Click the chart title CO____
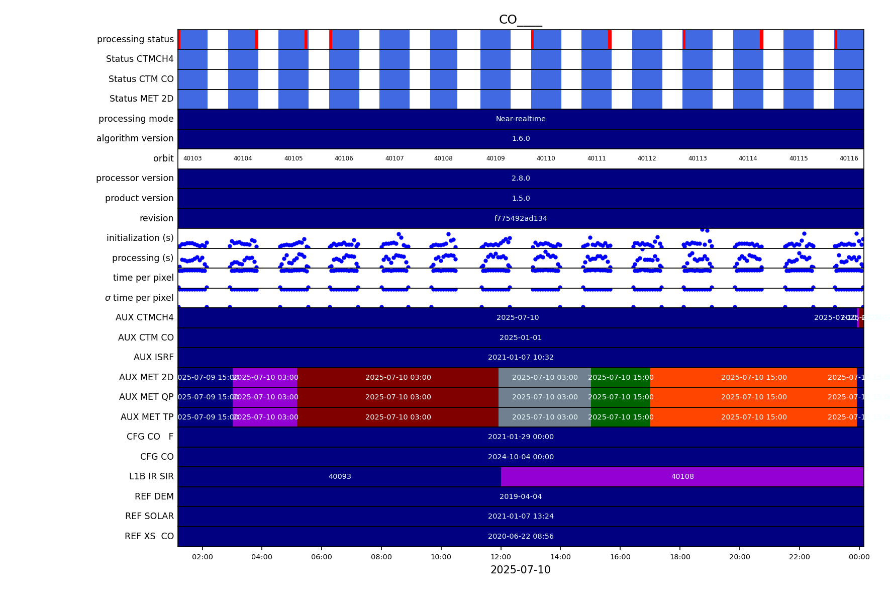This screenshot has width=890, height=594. pos(520,20)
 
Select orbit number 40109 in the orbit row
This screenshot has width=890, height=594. pos(495,158)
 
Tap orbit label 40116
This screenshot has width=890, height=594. pos(848,158)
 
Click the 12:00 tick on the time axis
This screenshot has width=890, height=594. pos(501,557)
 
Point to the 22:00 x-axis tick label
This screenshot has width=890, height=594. pos(799,557)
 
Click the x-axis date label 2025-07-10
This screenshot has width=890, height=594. pos(520,570)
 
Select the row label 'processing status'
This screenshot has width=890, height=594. pos(135,39)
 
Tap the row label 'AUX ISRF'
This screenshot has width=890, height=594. pos(153,357)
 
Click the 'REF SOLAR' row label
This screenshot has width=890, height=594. pos(149,516)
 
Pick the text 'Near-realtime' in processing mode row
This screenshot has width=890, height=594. pos(521,119)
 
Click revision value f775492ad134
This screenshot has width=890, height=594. pos(521,218)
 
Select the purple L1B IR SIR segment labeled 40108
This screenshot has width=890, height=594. pos(682,476)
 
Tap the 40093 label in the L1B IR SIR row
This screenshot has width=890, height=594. pos(340,476)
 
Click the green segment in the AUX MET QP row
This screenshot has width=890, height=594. pos(620,397)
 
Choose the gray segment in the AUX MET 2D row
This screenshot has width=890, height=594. pos(544,377)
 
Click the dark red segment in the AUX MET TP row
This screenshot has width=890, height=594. pos(398,417)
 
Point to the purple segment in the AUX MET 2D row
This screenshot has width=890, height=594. pos(265,377)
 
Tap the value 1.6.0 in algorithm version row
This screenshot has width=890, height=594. pos(521,138)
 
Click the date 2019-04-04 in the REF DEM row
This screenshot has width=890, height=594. pos(521,496)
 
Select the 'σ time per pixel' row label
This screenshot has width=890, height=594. pos(139,298)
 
